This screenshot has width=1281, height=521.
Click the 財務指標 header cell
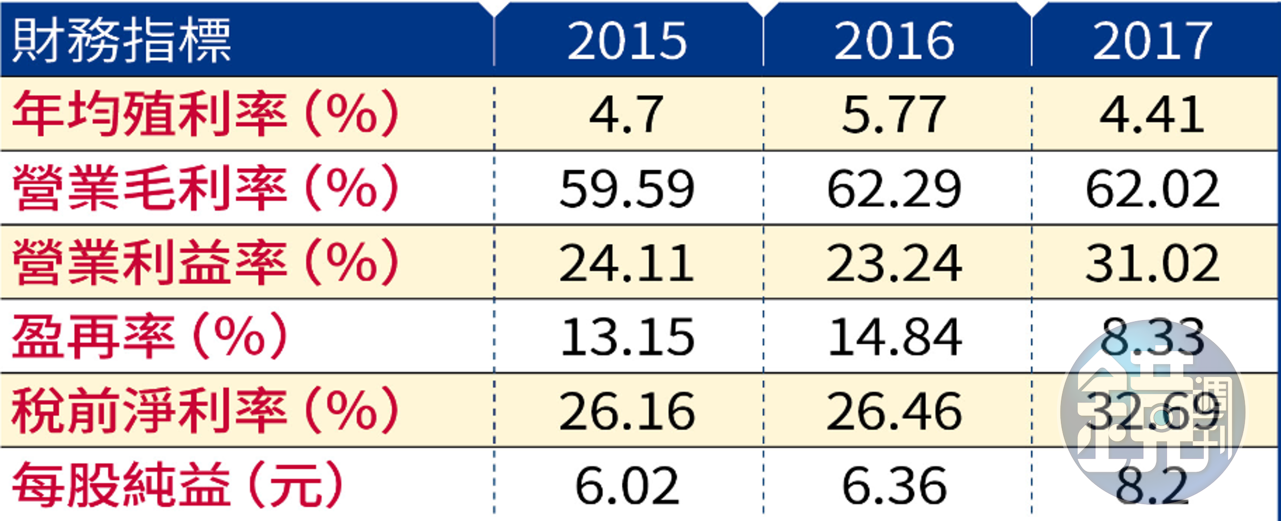pyautogui.click(x=122, y=41)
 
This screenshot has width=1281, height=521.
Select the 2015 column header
pyautogui.click(x=627, y=41)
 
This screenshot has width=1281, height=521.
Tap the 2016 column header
pyautogui.click(x=895, y=41)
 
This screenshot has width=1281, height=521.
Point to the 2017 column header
pyautogui.click(x=1152, y=41)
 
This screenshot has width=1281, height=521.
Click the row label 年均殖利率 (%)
pyautogui.click(x=205, y=113)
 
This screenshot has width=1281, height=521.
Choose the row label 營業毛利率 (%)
pyautogui.click(x=205, y=187)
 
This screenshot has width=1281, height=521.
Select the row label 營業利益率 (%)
pyautogui.click(x=205, y=262)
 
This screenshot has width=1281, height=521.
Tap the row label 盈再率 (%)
pyautogui.click(x=149, y=336)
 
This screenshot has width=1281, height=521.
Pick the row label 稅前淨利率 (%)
pyautogui.click(x=205, y=410)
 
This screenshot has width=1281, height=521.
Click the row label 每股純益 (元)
pyautogui.click(x=177, y=484)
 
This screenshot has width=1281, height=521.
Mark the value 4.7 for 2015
pyautogui.click(x=627, y=114)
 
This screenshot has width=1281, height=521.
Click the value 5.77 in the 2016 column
pyautogui.click(x=895, y=114)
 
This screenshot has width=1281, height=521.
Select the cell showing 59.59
pyautogui.click(x=627, y=189)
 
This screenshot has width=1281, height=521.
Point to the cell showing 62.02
pyautogui.click(x=1152, y=189)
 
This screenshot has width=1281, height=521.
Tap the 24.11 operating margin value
pyautogui.click(x=627, y=263)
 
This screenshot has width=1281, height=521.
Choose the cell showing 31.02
pyautogui.click(x=1152, y=263)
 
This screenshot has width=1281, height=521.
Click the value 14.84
pyautogui.click(x=895, y=337)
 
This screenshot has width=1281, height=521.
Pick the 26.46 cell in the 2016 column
pyautogui.click(x=895, y=412)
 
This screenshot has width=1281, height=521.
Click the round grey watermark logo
pyautogui.click(x=1152, y=412)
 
